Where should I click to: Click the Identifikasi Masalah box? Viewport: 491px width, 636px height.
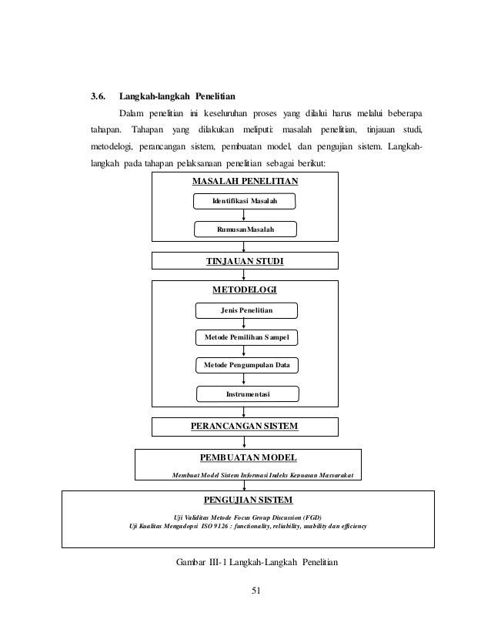(244, 202)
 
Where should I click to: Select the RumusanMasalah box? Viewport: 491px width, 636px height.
(244, 230)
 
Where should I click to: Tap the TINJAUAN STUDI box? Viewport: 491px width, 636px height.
(244, 262)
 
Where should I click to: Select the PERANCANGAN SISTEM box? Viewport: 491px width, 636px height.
(244, 426)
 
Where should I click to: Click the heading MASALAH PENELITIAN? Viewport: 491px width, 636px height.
(244, 181)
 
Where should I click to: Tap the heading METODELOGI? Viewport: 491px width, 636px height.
(244, 290)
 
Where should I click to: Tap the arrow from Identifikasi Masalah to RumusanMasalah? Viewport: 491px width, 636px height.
(244, 216)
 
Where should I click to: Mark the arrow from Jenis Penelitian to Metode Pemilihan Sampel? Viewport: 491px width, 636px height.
(245, 324)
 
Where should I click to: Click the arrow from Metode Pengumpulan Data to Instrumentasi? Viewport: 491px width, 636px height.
(245, 379)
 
